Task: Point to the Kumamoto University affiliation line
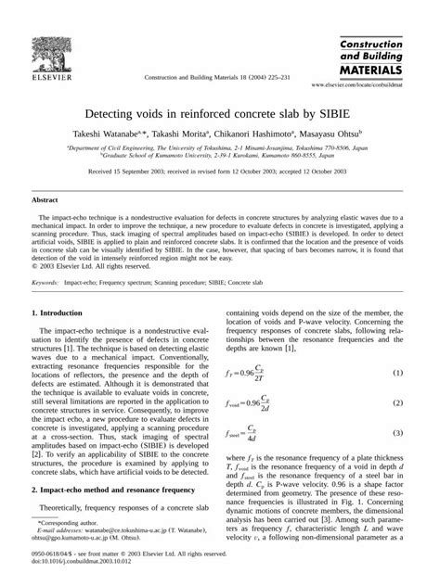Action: click(219, 156)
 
